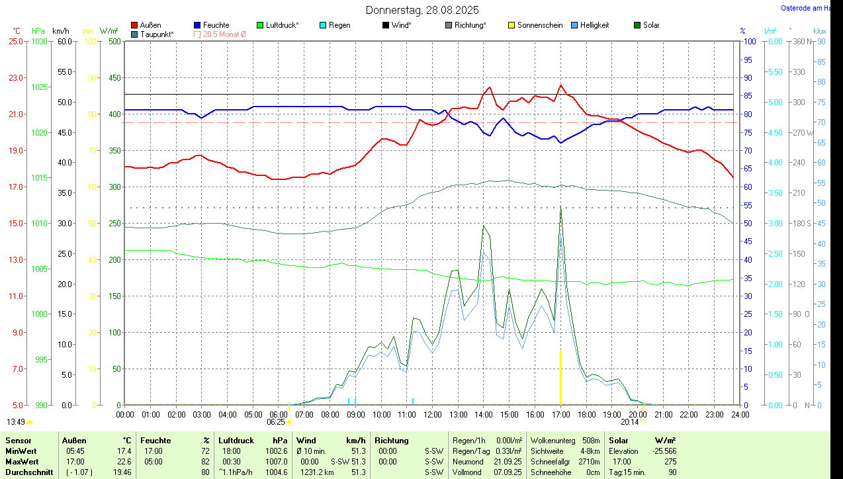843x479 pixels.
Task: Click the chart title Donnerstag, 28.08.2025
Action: point(422,10)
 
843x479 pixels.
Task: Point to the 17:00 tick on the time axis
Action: point(561,415)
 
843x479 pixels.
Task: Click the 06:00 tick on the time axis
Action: point(279,415)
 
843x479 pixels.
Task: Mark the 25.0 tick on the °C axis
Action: point(15,42)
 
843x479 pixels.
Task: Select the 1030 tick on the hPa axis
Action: point(40,42)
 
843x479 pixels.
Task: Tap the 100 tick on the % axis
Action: point(750,42)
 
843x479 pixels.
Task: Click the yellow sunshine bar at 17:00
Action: point(561,377)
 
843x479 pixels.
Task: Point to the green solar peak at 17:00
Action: point(561,210)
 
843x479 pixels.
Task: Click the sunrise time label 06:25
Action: point(276,421)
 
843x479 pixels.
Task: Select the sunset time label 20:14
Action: point(630,421)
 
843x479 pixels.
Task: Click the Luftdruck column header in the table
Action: point(236,440)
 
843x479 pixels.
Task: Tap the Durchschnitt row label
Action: point(28,472)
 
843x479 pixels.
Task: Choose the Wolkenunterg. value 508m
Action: point(591,440)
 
